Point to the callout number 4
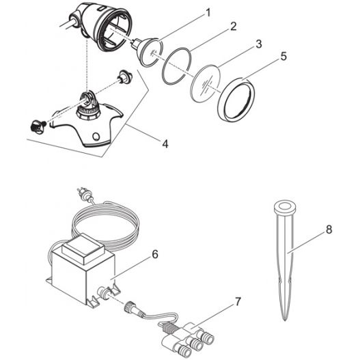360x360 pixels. (x=165, y=143)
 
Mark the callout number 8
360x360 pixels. (x=329, y=231)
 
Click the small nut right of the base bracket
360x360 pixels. (x=124, y=76)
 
